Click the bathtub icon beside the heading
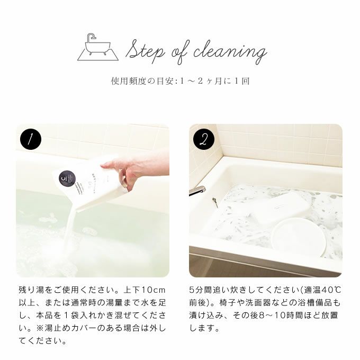pyautogui.click(x=98, y=47)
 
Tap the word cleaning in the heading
pyautogui.click(x=230, y=52)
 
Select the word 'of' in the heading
pyautogui.click(x=181, y=52)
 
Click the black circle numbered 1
pyautogui.click(x=31, y=139)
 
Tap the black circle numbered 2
pyautogui.click(x=204, y=139)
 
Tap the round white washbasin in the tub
pyautogui.click(x=298, y=237)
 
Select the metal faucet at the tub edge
pyautogui.click(x=197, y=191)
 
